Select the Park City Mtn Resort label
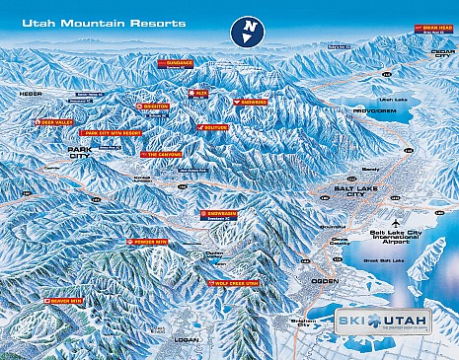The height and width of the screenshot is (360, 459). tap(111, 131)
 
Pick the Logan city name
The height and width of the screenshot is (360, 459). tap(185, 338)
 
